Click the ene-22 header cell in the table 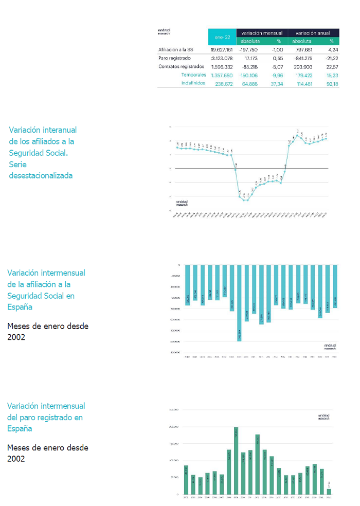coord(222,37)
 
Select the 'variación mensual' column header coord(262,32)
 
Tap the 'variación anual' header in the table coord(313,32)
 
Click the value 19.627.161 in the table coord(222,50)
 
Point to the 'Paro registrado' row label coord(174,58)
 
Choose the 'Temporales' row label coord(193,75)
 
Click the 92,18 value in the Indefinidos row coord(332,83)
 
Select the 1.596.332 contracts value coord(222,66)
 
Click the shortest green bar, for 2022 coord(329,491)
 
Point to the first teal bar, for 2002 coord(188,285)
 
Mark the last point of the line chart coord(326,138)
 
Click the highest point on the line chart coord(298,135)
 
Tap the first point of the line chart coord(177,148)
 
